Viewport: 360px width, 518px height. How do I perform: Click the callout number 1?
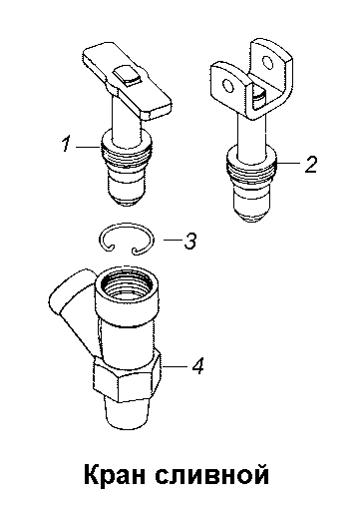(66, 145)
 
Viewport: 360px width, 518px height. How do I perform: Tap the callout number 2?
(311, 164)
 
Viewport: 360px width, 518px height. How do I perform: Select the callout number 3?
(190, 241)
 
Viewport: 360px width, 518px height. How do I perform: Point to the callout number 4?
(197, 366)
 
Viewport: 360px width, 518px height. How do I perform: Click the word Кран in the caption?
(115, 474)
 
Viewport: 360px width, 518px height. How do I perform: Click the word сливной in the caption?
(212, 475)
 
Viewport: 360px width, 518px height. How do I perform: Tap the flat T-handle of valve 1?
(128, 82)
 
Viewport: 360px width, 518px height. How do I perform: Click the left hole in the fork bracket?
(228, 86)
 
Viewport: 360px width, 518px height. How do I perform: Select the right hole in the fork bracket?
(267, 62)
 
